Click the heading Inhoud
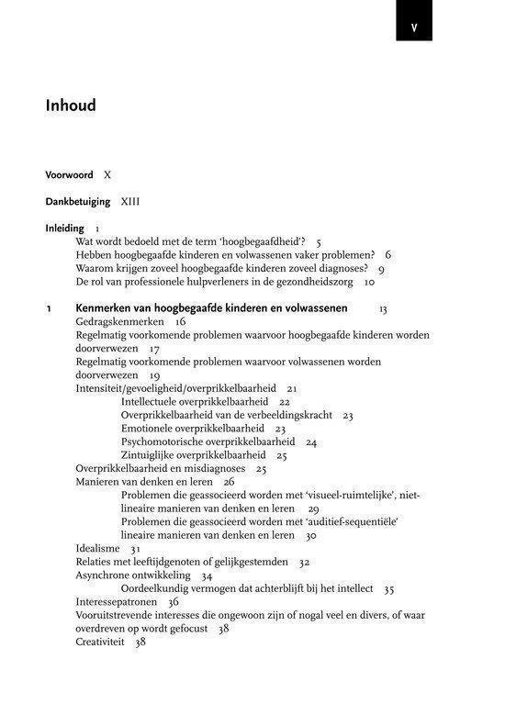(x=71, y=106)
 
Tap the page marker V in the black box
(x=414, y=28)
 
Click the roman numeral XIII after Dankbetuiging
(x=129, y=201)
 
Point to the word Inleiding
(x=65, y=228)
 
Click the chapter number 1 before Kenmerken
(x=49, y=308)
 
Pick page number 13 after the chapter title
(x=382, y=309)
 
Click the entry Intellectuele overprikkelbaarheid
(x=195, y=402)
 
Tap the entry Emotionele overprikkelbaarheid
(x=190, y=429)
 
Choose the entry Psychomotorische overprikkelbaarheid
(x=206, y=441)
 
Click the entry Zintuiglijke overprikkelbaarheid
(x=193, y=455)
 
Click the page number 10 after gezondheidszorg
(x=369, y=282)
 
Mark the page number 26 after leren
(x=229, y=481)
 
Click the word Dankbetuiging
(x=78, y=201)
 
